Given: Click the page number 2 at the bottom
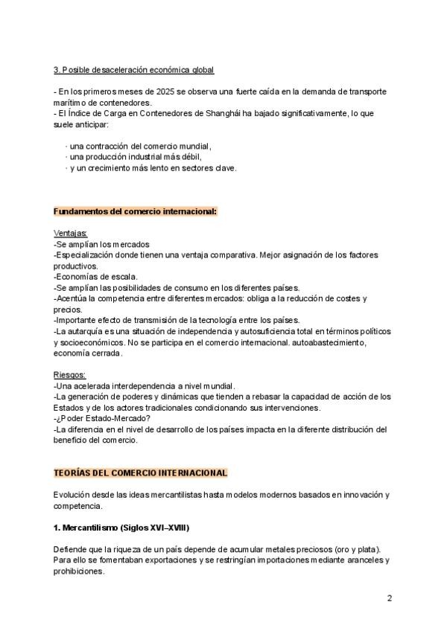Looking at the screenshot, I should tap(389, 598).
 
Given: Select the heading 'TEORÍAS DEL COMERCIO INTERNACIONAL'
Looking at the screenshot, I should tap(141, 473).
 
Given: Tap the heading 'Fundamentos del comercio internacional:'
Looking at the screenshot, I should tap(135, 211).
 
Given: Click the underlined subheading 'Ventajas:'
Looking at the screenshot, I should tap(71, 233).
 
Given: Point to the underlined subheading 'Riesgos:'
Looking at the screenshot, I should tap(70, 374).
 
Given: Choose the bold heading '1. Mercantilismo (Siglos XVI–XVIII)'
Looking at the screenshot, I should tap(121, 528).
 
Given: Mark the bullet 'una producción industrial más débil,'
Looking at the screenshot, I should tap(134, 157).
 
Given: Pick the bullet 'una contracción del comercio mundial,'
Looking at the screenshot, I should tap(139, 146).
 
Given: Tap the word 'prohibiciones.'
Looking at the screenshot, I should tap(79, 571).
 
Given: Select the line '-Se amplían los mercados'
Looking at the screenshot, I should tap(101, 244).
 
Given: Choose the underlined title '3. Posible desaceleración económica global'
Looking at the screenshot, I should tap(133, 70).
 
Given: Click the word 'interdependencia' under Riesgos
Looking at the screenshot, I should tap(143, 385).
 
